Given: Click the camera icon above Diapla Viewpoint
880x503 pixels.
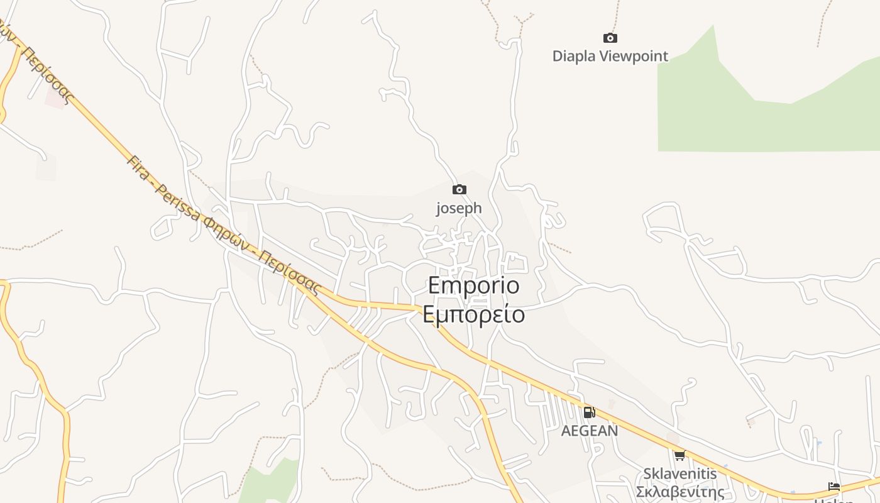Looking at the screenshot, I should click(610, 38).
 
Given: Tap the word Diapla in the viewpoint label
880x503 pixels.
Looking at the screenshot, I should click(574, 56).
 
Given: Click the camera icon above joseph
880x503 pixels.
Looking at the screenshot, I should click(459, 189).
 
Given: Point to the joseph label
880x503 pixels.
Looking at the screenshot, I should click(459, 207).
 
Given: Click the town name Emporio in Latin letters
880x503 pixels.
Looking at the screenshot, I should click(474, 285).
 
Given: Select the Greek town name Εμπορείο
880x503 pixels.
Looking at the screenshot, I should click(474, 314).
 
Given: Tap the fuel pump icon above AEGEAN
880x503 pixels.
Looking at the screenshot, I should click(589, 412).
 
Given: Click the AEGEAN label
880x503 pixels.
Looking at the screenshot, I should click(589, 431).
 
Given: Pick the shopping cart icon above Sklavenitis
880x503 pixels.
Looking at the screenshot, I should click(679, 455).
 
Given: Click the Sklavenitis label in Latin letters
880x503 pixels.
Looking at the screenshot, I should click(679, 473).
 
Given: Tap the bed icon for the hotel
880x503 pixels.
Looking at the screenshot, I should click(834, 487).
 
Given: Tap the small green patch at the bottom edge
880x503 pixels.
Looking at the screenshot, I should click(270, 484).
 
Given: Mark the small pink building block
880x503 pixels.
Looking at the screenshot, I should click(55, 97).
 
